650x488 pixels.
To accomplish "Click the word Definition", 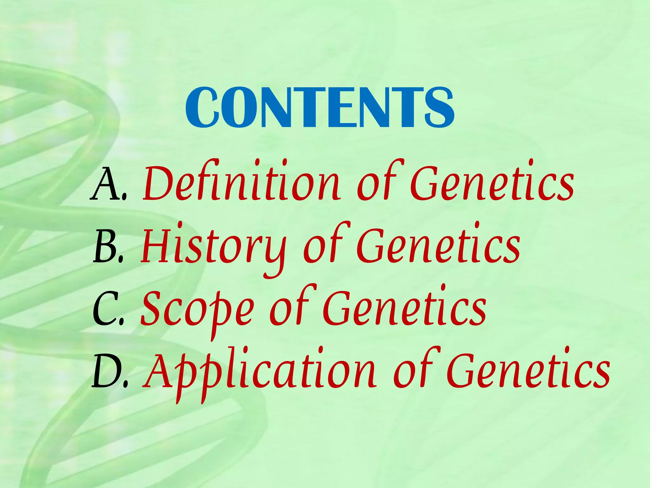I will (241, 182).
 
